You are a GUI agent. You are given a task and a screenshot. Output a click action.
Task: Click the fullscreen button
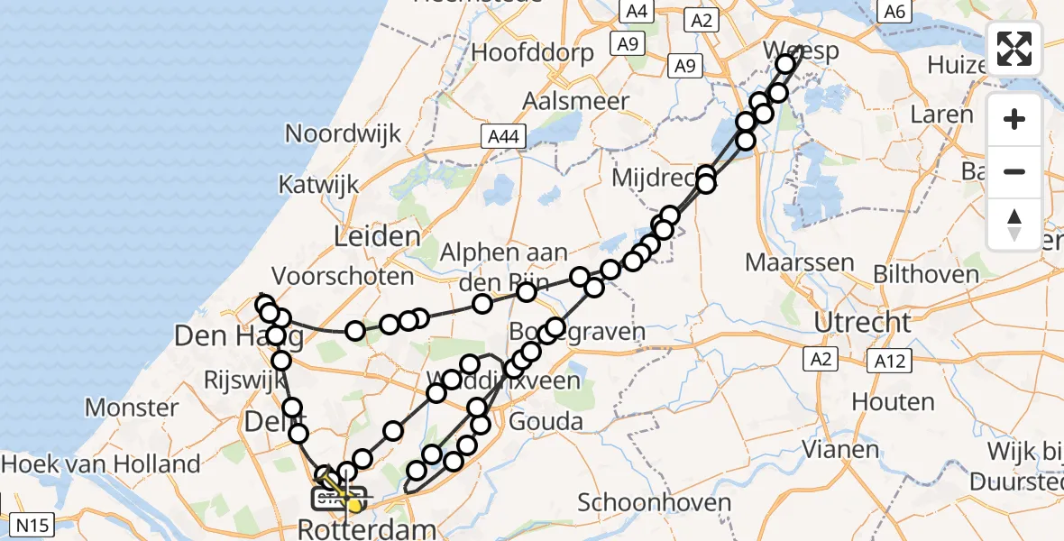[x=1014, y=49]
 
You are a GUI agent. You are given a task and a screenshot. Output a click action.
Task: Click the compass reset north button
[x=1014, y=225]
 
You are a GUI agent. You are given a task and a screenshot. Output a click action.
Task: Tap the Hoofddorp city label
[x=533, y=52]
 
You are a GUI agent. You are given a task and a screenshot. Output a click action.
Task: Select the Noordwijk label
[x=343, y=134]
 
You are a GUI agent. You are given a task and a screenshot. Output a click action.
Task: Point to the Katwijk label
[x=318, y=185]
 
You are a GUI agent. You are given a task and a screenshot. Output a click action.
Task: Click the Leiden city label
[x=378, y=237]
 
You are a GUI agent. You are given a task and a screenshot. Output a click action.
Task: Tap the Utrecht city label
[x=863, y=322]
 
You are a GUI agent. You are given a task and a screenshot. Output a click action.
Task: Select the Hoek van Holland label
[x=101, y=465]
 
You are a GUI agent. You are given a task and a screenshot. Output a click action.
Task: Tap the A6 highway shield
[x=894, y=11]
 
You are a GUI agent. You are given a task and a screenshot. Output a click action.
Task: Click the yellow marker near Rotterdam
[x=354, y=506]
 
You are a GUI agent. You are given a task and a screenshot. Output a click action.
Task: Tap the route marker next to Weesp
[x=785, y=63]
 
